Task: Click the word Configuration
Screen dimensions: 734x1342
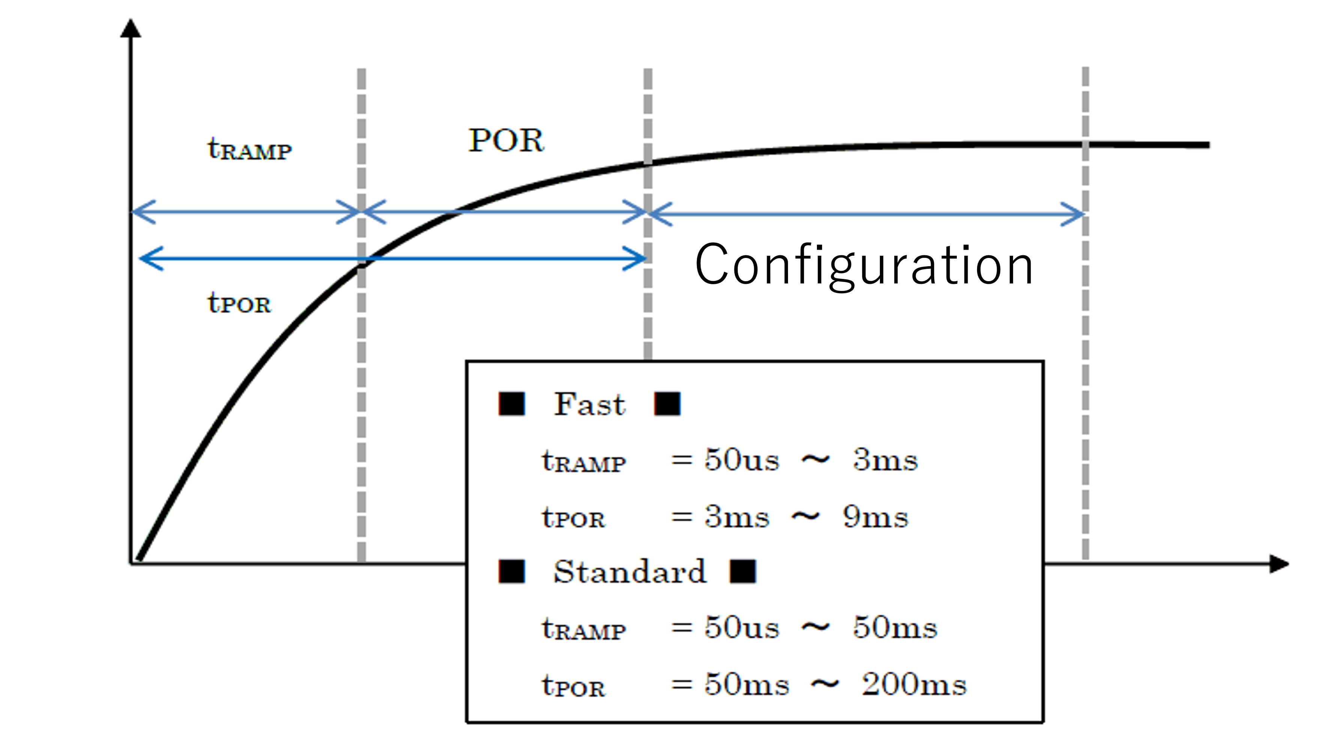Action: [x=864, y=265]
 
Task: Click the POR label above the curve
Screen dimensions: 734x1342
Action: [x=506, y=140]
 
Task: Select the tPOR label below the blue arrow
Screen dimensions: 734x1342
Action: [x=239, y=302]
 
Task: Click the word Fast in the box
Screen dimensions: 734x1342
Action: [x=589, y=404]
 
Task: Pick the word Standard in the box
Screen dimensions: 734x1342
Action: [x=629, y=571]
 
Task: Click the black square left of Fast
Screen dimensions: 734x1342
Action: [x=512, y=404]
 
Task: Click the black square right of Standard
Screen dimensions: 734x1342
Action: [x=743, y=571]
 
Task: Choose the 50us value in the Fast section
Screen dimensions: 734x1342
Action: [x=742, y=460]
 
